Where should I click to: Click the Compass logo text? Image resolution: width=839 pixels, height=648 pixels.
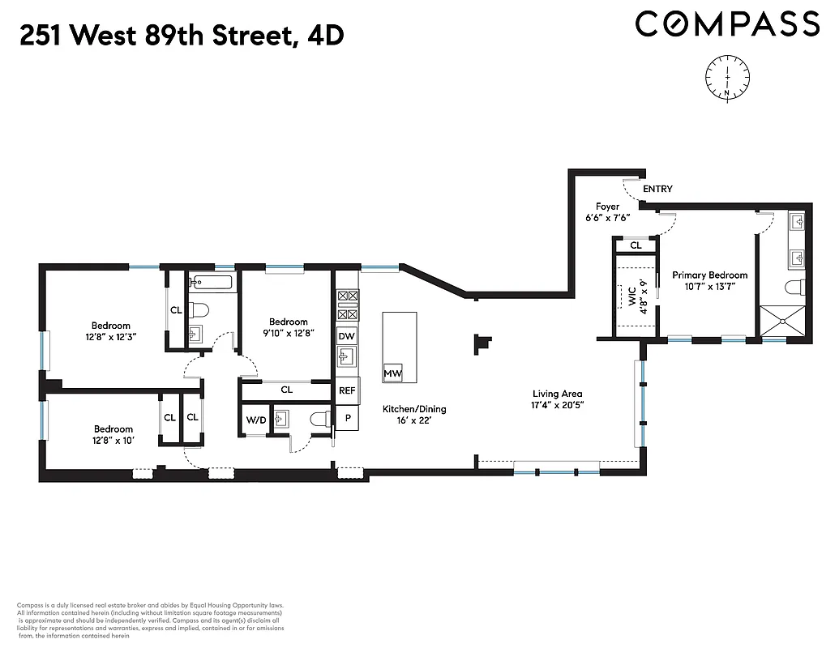[x=727, y=23]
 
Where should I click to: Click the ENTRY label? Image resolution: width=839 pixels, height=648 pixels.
[x=657, y=189]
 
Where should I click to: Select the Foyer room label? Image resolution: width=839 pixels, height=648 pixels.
[x=607, y=207]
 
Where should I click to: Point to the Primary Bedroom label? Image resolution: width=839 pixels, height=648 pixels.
[x=709, y=275]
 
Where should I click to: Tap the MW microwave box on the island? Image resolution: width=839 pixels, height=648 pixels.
[x=393, y=373]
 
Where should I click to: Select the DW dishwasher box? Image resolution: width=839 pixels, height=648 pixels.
[x=347, y=335]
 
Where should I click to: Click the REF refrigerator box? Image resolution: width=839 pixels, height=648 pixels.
[x=347, y=390]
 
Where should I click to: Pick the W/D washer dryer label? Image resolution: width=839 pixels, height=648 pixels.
[x=255, y=420]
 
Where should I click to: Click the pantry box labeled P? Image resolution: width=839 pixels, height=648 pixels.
[x=347, y=418]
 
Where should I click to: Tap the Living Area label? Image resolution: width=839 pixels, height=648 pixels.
[x=557, y=394]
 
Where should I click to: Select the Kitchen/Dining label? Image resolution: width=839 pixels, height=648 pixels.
[x=414, y=409]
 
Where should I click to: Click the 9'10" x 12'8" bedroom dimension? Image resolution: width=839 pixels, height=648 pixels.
[x=289, y=332]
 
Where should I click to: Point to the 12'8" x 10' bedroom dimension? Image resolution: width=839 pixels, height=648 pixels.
[x=113, y=440]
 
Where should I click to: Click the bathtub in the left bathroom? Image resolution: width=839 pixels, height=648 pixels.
[x=210, y=283]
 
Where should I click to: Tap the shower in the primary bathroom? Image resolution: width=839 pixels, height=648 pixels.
[x=784, y=321]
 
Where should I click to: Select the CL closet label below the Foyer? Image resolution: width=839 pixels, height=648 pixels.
[x=636, y=245]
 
